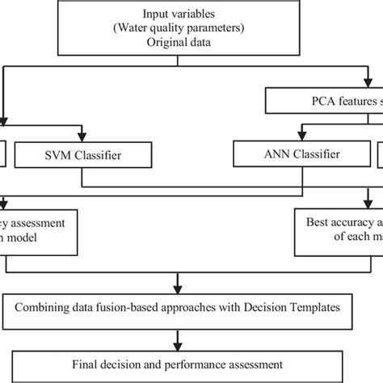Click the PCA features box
pos(323,100)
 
